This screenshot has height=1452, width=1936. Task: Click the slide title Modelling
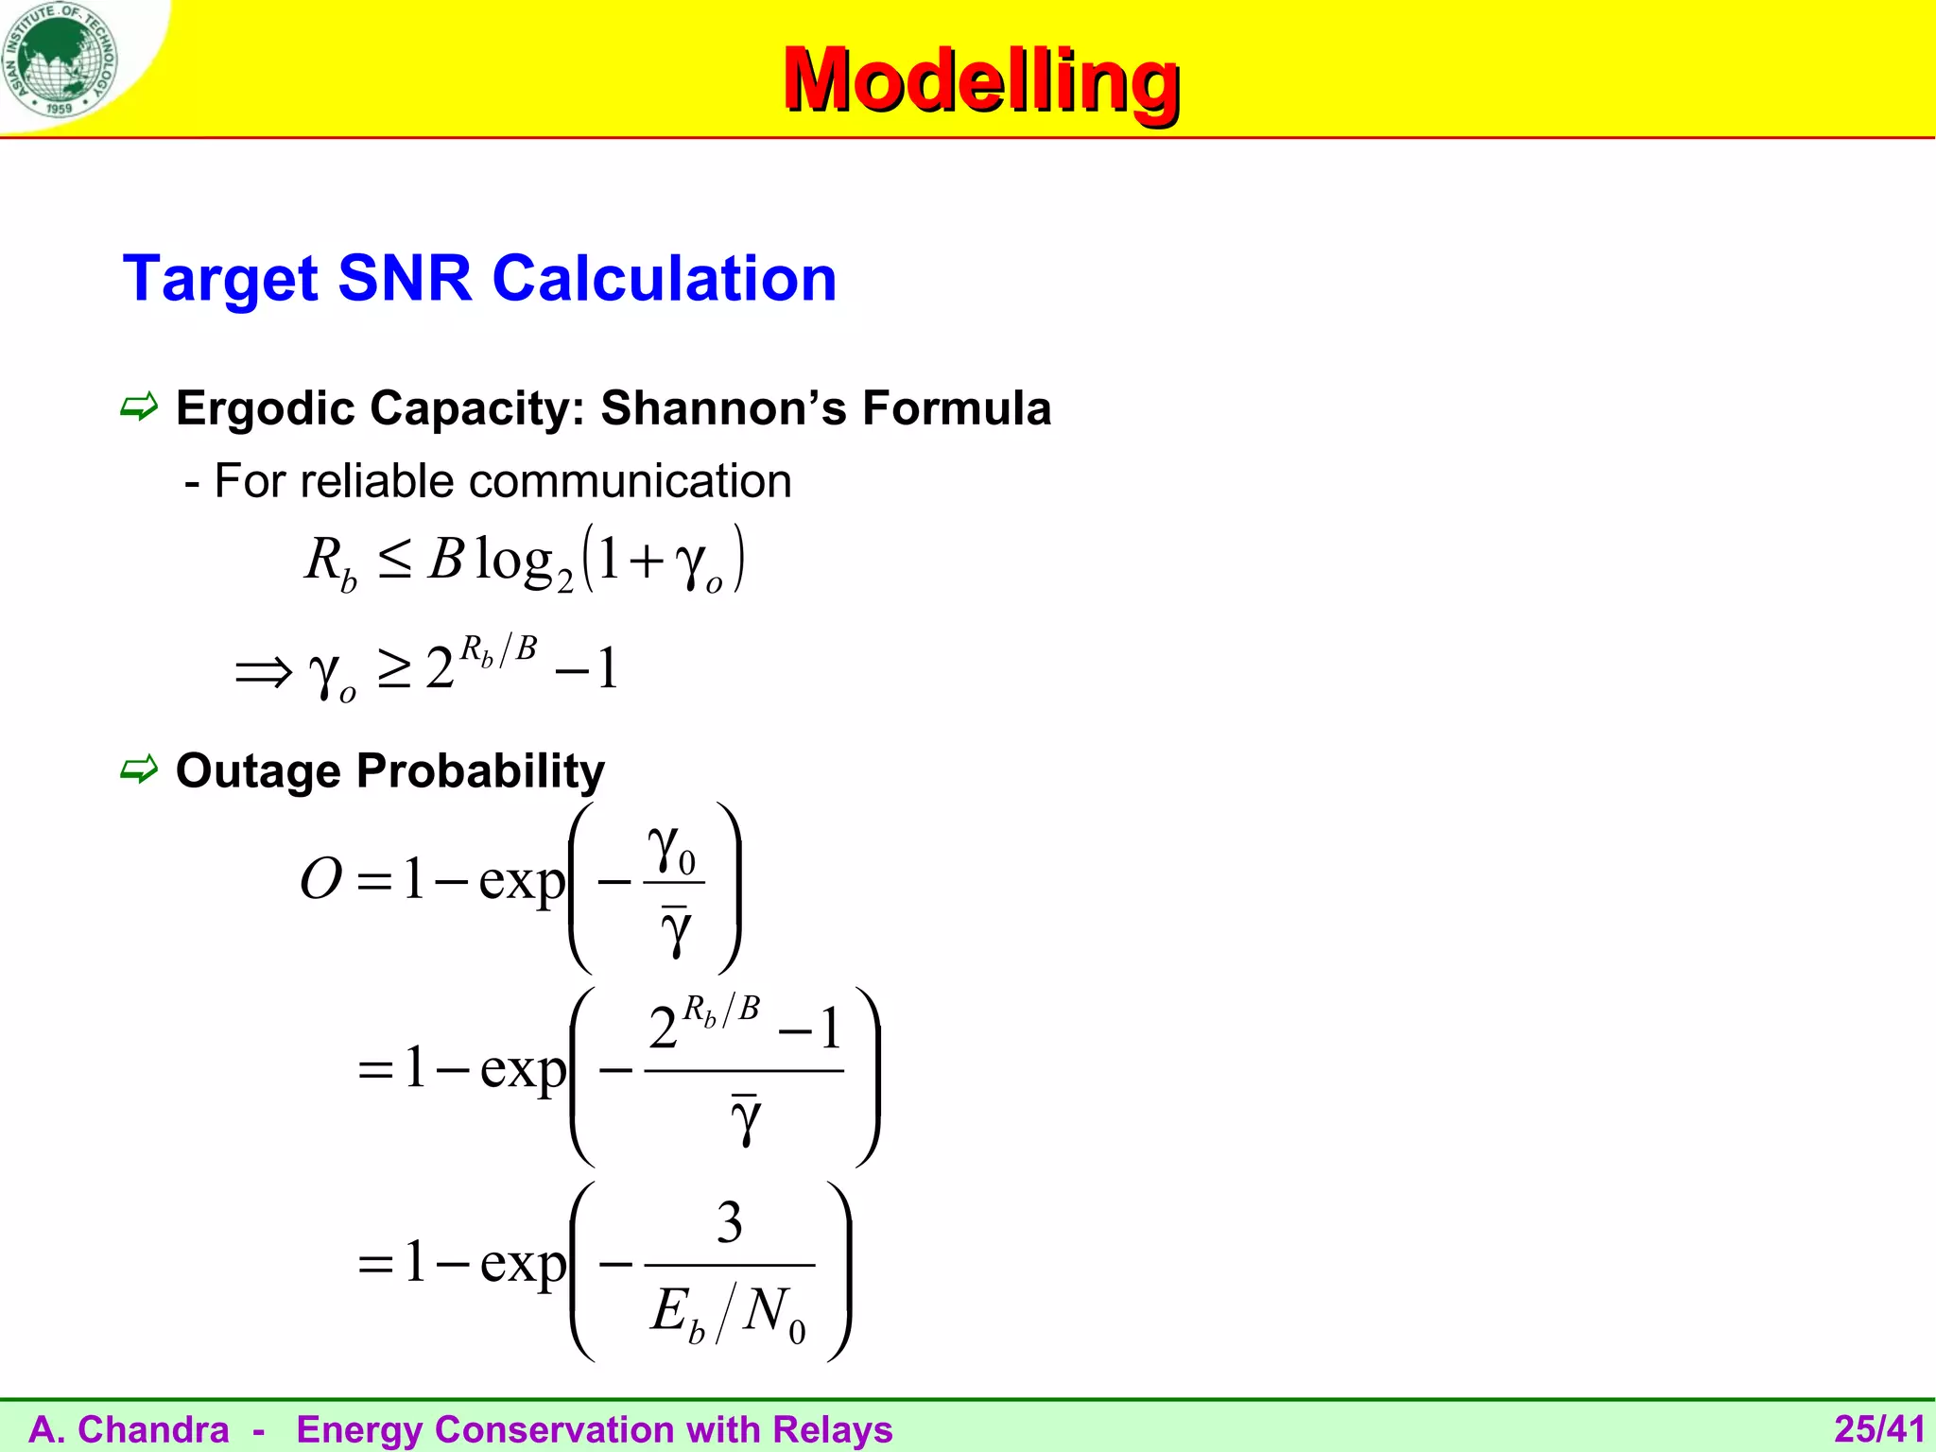click(x=980, y=80)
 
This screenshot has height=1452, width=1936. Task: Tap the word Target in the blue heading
click(x=220, y=279)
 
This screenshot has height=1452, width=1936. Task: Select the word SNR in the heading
click(x=404, y=279)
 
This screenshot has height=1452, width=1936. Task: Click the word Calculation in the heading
click(x=665, y=279)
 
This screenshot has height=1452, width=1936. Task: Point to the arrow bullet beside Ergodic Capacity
click(x=139, y=408)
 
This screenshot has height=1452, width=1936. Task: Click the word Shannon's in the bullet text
click(x=723, y=408)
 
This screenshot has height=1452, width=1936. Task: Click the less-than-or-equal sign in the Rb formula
click(x=393, y=561)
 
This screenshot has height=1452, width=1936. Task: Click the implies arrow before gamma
click(x=264, y=673)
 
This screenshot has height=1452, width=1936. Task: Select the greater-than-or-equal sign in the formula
click(x=393, y=669)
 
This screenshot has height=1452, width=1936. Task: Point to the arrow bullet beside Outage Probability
click(x=139, y=770)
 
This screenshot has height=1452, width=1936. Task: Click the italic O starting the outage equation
click(x=320, y=879)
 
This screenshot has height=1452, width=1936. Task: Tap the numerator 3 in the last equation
click(x=729, y=1223)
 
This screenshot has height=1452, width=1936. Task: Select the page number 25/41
click(x=1879, y=1429)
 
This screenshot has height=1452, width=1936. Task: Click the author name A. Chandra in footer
click(x=129, y=1429)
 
